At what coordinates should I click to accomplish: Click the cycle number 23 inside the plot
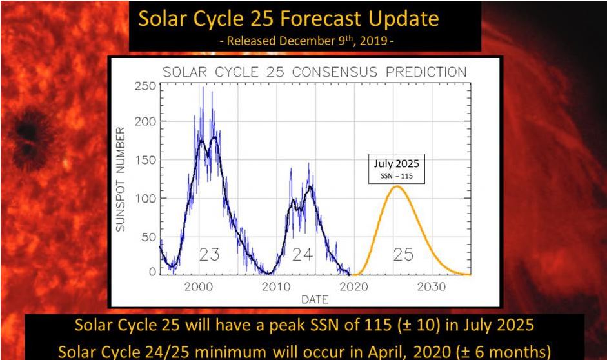coord(208,255)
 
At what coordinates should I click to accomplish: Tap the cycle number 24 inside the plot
coord(302,255)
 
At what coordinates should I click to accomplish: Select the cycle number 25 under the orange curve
coord(403,255)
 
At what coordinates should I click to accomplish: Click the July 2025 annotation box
coord(397,169)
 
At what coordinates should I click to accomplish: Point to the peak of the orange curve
coord(397,186)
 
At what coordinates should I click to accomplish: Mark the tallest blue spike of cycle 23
coord(203,88)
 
